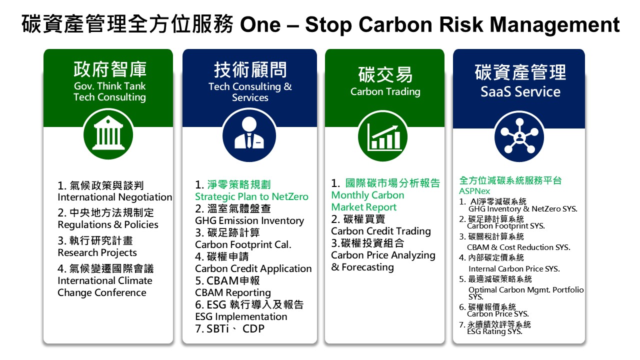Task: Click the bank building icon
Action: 108,134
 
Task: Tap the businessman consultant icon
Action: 249,135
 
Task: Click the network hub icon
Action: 519,136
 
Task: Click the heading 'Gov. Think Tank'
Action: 109,86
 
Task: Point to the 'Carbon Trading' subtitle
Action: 385,91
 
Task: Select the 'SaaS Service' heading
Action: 520,91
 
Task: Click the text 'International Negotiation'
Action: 115,197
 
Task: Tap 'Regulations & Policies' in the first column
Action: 108,225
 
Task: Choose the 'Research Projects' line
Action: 97,253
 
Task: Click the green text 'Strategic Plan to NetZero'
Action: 251,196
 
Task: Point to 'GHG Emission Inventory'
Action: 249,221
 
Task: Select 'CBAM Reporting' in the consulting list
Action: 233,293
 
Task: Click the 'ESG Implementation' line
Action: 241,316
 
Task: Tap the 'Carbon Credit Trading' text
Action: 381,231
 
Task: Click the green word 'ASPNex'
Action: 474,191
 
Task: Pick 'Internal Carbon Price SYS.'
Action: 514,269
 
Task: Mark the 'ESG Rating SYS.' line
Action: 494,331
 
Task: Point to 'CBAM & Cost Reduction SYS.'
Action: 518,247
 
